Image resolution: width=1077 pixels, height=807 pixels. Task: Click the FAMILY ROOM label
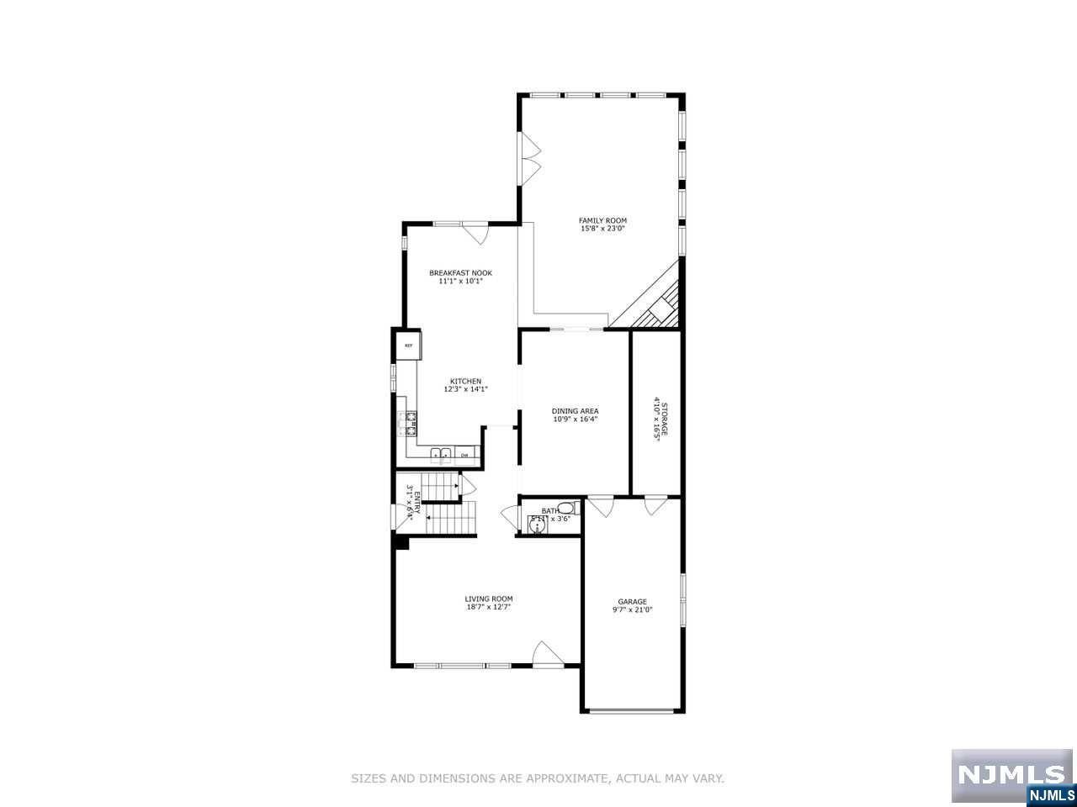click(603, 220)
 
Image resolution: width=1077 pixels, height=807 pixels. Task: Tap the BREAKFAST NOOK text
click(460, 272)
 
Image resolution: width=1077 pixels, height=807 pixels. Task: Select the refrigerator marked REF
click(409, 345)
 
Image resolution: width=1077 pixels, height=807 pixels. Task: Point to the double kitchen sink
click(442, 455)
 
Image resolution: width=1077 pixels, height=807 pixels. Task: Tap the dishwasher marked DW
click(464, 455)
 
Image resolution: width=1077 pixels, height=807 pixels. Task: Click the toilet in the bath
click(565, 508)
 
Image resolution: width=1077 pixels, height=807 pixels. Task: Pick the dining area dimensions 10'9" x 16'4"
click(576, 419)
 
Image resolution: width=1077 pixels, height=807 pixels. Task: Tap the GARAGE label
click(633, 601)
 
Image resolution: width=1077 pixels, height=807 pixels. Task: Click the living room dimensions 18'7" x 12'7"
click(489, 607)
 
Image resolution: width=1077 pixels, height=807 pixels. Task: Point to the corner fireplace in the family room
click(657, 309)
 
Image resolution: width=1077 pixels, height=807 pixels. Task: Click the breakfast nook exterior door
click(476, 233)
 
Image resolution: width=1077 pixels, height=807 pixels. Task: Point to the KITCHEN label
click(465, 381)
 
